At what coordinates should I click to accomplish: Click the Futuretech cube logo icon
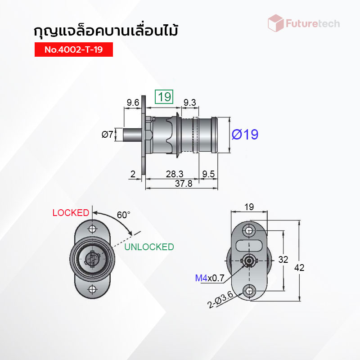coord(276,23)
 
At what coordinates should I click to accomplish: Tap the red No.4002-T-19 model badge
coord(74,49)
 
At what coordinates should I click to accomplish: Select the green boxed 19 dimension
coord(164,97)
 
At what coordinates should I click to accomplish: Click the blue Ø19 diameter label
coord(245,135)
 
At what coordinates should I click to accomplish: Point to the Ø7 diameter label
coord(108,134)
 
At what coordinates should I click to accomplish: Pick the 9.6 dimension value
coord(133,103)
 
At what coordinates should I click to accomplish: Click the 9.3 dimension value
coord(189,103)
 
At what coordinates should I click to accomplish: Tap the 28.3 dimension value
coord(175,174)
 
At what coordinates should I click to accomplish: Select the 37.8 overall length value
coord(184,184)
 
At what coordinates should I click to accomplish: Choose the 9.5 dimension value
coord(208,174)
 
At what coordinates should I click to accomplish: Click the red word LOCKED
coord(71,213)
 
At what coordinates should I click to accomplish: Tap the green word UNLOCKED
coord(149,247)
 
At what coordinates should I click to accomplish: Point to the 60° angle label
coord(123,215)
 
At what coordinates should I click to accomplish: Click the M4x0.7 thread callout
coord(210,278)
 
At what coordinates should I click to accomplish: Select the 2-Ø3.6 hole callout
coord(220,300)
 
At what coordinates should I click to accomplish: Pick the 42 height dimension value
coord(299,268)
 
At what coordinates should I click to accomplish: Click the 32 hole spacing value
coord(283,260)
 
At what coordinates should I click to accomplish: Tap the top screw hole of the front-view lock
coord(92,229)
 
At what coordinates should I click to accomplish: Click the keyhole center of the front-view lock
coord(92,259)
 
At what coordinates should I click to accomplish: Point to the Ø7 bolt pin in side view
coord(132,135)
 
